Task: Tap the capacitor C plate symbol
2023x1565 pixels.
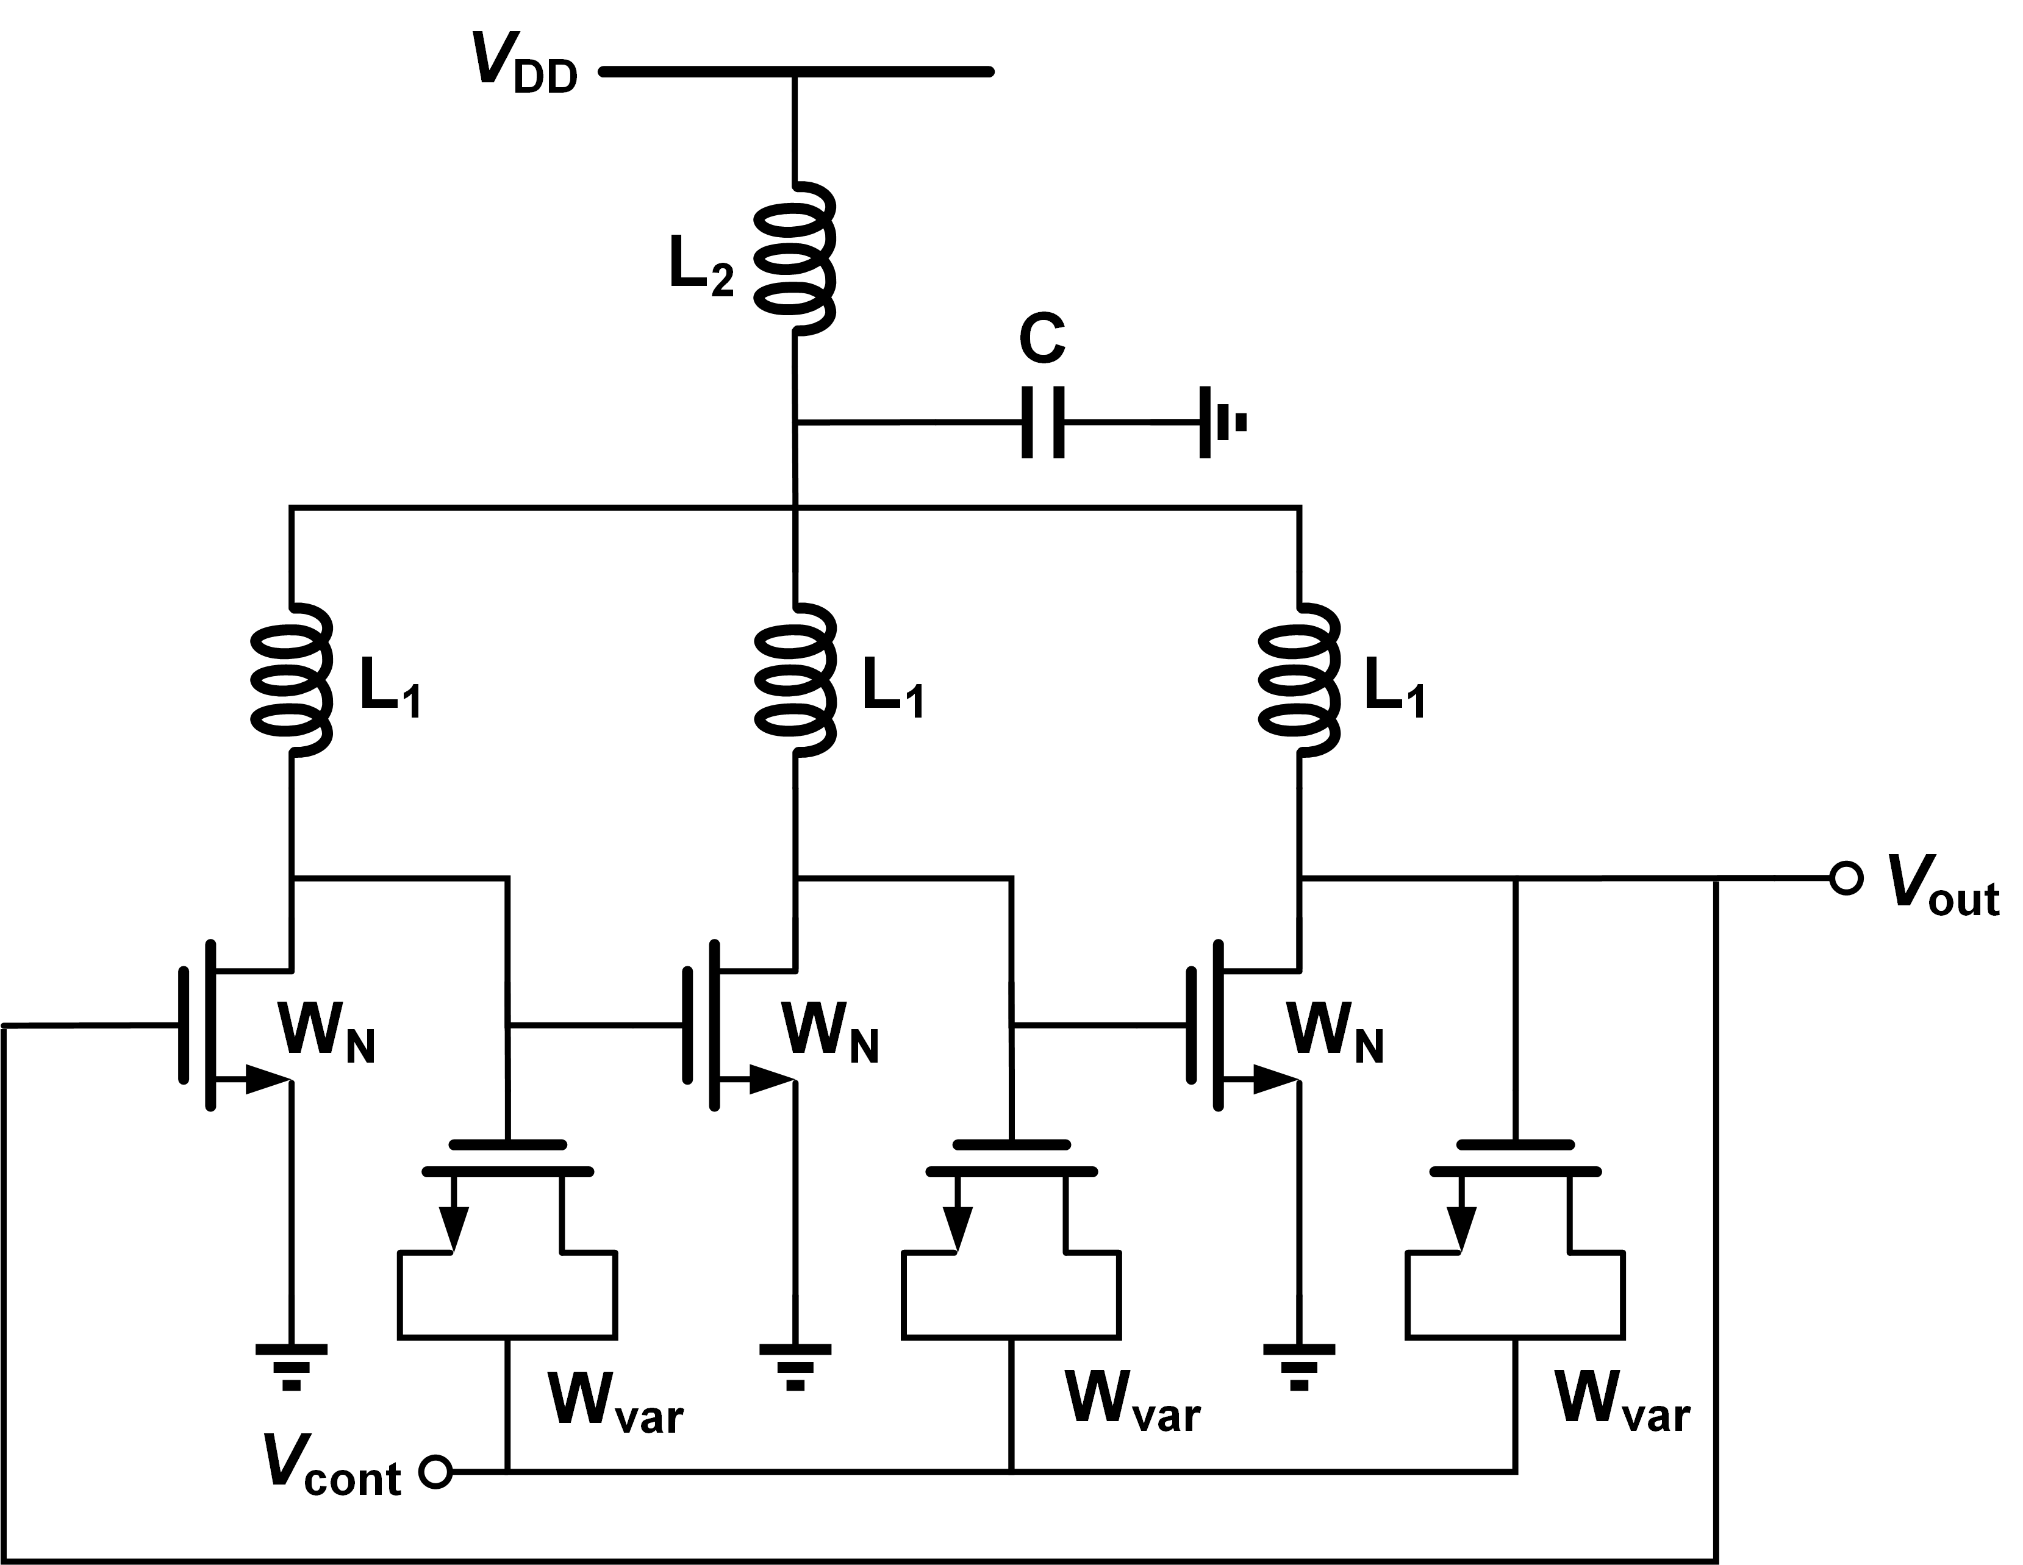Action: tap(1043, 422)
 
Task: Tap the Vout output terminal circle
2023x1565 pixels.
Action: tap(1846, 878)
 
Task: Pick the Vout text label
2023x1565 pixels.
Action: tap(1941, 887)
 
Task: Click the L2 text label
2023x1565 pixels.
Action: tap(700, 268)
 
